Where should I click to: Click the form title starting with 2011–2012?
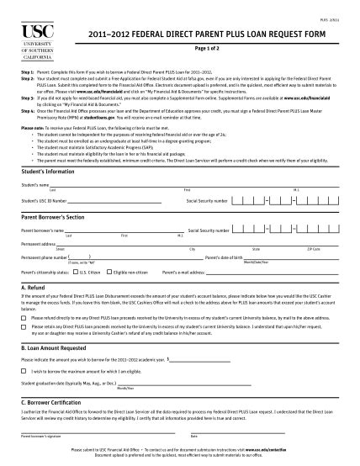pos(199,34)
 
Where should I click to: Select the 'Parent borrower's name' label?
pos(43,230)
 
